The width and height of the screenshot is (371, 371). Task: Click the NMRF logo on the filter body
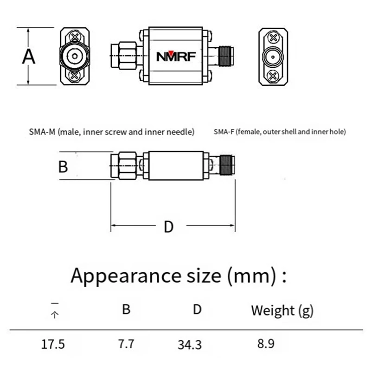coord(176,57)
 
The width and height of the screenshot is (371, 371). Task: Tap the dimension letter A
coord(29,57)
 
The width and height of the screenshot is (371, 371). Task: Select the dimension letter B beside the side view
coord(64,166)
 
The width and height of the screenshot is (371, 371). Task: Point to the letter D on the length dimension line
coord(169,227)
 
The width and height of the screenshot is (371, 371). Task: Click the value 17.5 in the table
coord(53,345)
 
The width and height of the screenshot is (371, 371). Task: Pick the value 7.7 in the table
coord(126,344)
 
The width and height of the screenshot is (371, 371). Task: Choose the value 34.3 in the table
coord(190,345)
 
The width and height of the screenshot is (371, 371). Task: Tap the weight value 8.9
coord(266,344)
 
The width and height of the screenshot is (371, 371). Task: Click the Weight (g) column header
coord(282,310)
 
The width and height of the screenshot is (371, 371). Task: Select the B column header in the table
coord(126,309)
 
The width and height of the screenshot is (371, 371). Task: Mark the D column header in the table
coord(198,309)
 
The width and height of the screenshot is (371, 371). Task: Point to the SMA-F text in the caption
coord(224,132)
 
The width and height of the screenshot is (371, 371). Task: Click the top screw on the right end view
coord(274,37)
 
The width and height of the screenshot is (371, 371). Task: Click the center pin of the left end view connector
coord(74,56)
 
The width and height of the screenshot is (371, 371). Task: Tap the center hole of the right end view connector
coord(273,57)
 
